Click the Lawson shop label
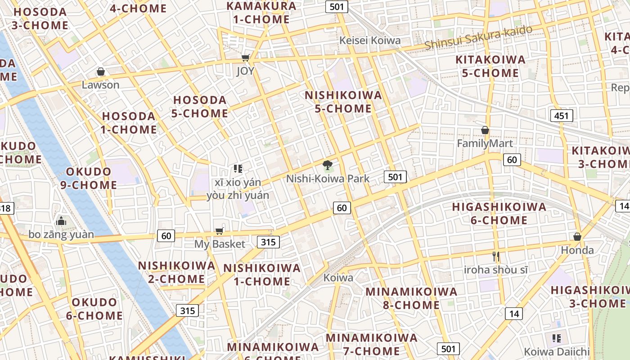coord(100,85)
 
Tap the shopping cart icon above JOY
coord(245,58)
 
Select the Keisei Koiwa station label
coord(369,40)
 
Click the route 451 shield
coord(562,116)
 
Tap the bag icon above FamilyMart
coord(485,130)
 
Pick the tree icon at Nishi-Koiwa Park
coord(328,165)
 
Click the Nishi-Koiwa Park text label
coord(328,179)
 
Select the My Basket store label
coord(220,244)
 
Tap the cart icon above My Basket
coord(219,231)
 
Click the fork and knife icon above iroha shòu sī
coord(496,256)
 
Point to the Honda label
coord(577,250)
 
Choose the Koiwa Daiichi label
coord(556,351)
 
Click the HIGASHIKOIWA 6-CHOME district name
coord(499,213)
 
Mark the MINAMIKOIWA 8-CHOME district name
coord(411,298)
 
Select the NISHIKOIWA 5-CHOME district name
coord(343,102)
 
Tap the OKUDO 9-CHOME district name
coord(91,178)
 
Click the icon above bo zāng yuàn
coord(61,221)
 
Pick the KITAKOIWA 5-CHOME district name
coord(490,66)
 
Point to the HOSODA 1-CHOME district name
coord(129,123)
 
